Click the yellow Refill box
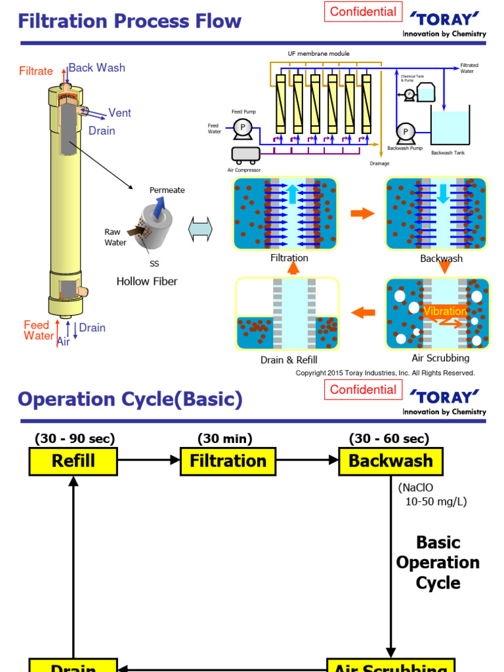73,461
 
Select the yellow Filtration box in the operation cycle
228,461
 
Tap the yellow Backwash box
390,461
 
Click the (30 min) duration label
224,439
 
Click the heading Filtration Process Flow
130,21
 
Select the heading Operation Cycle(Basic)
130,399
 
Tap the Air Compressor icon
245,154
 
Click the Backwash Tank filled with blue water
450,128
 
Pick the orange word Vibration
445,311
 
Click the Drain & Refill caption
289,360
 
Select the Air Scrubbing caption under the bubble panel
440,358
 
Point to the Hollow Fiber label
147,282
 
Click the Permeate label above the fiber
167,190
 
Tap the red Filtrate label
36,71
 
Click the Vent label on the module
119,113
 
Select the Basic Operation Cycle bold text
438,562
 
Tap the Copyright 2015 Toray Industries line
385,373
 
